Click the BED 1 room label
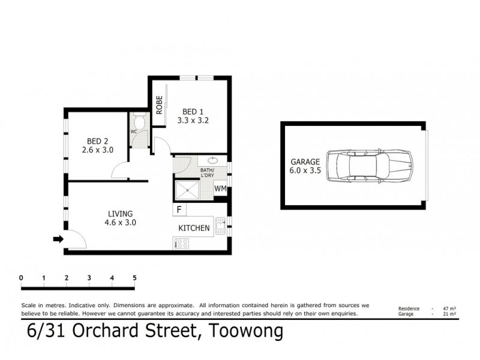point(192,111)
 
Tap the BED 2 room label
point(97,142)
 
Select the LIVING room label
point(120,213)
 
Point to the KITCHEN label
point(194,228)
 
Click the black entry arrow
point(58,239)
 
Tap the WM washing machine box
point(221,189)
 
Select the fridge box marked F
point(179,209)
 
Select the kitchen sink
point(221,225)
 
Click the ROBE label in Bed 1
point(159,106)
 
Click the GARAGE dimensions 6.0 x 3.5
point(306,170)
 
